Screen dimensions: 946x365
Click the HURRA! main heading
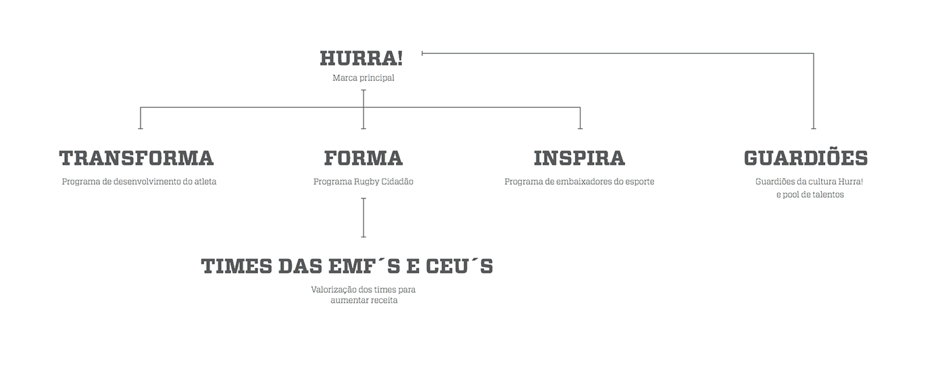[x=361, y=59]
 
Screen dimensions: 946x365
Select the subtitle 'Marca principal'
[x=363, y=78]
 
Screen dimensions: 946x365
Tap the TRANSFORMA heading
[x=136, y=159]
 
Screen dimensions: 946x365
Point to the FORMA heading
[x=363, y=159]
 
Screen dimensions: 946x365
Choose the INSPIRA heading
[x=579, y=159]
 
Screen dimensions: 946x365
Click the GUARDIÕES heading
[x=805, y=159]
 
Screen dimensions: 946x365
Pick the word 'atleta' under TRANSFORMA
[x=205, y=181]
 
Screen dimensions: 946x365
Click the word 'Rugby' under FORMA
[x=367, y=181]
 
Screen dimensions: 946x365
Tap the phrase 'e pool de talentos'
[x=810, y=195]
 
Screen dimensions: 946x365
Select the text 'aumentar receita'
[x=364, y=301]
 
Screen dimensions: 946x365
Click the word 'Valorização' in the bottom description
[x=335, y=289]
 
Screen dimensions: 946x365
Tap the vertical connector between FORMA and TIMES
[x=364, y=217]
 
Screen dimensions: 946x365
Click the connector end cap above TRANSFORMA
[x=141, y=128]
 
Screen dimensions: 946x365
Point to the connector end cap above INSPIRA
[x=580, y=128]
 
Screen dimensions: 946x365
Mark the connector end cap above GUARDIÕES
[x=814, y=128]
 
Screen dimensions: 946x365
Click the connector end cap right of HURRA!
[x=422, y=53]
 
